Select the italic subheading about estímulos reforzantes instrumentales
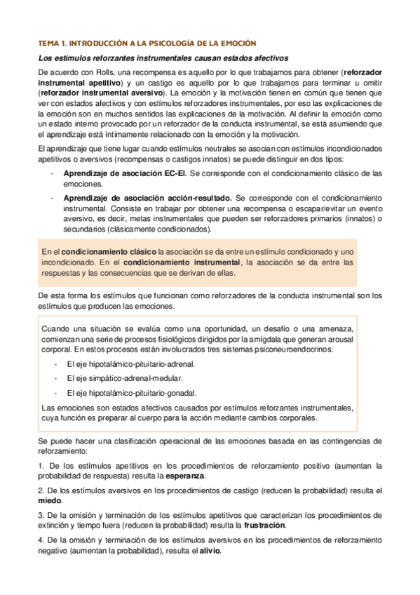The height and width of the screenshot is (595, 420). click(162, 58)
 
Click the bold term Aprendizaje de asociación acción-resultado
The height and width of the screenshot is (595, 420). click(147, 199)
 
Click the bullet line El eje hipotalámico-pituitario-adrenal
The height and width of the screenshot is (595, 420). click(130, 364)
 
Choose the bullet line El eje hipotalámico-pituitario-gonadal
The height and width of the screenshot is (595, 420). click(131, 392)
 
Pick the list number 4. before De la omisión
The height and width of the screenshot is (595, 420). click(41, 540)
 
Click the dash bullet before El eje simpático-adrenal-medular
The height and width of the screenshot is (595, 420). click(55, 378)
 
